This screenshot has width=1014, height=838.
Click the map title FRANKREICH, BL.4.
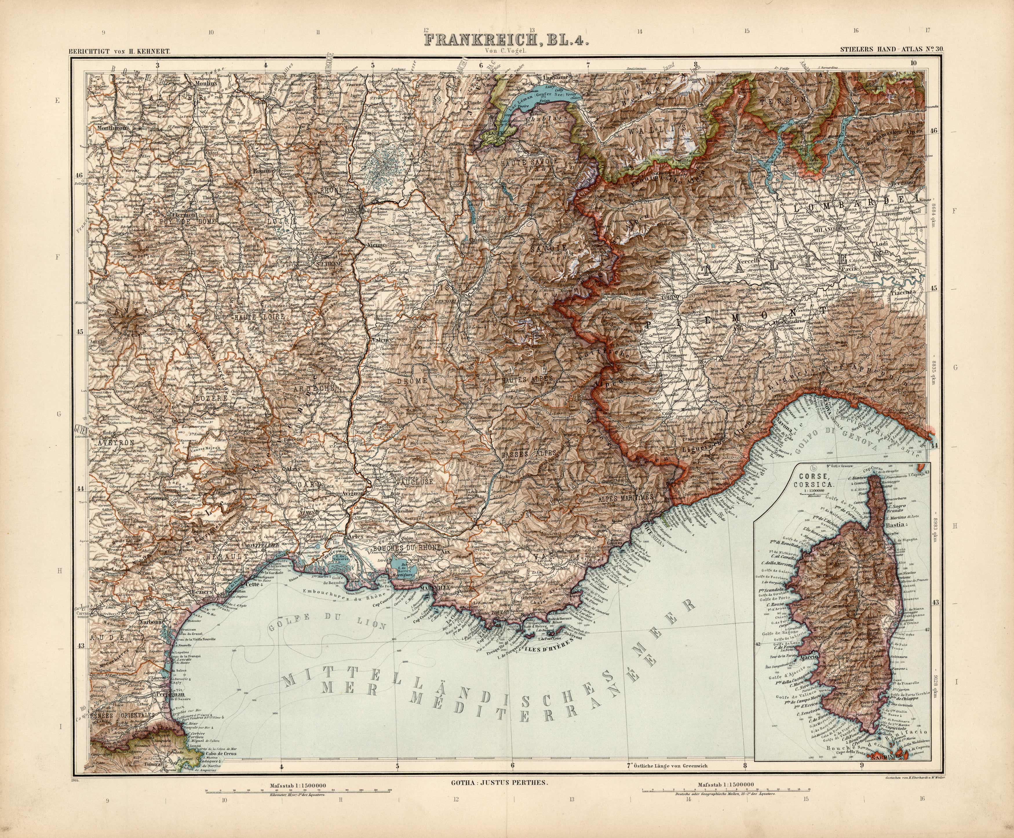pyautogui.click(x=506, y=40)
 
